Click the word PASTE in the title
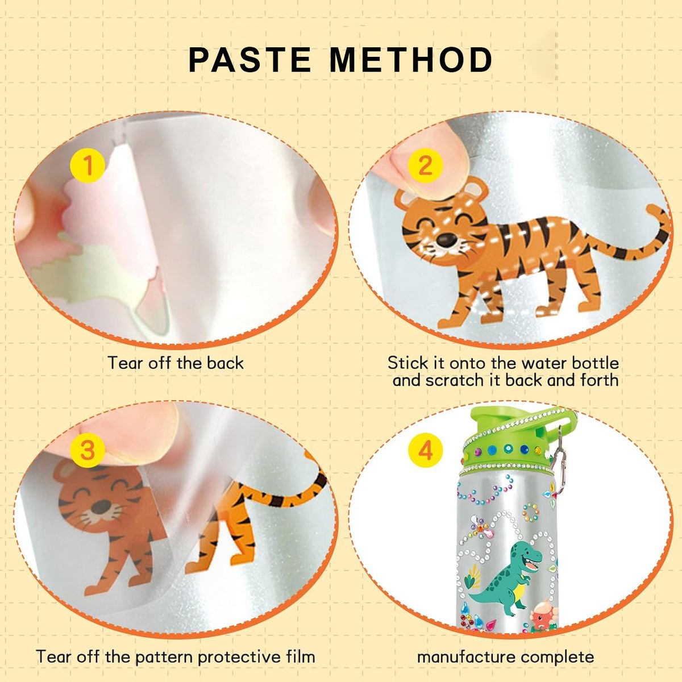(250, 60)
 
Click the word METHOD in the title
(411, 60)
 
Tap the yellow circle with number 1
(88, 165)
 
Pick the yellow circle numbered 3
(88, 450)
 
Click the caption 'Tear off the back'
(176, 363)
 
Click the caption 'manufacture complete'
(505, 657)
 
